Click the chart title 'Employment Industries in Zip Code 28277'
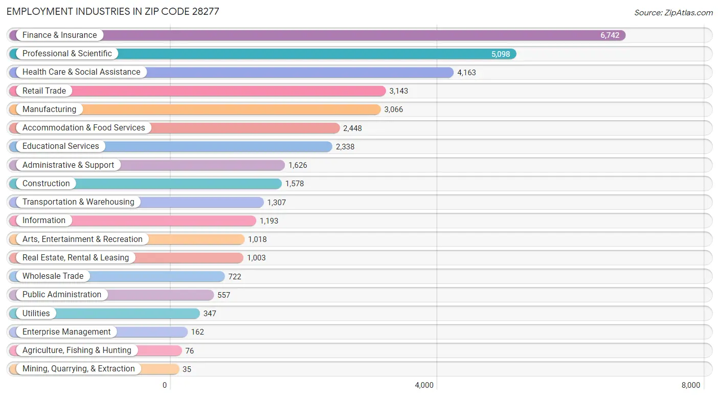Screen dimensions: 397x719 pyautogui.click(x=113, y=11)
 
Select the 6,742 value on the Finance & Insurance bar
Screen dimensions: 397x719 pyautogui.click(x=610, y=35)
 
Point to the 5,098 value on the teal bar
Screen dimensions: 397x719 pyautogui.click(x=501, y=54)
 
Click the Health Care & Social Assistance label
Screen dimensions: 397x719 pyautogui.click(x=81, y=72)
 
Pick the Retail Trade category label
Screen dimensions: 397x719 pyautogui.click(x=44, y=91)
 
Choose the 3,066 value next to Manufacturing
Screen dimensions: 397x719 pyautogui.click(x=393, y=109)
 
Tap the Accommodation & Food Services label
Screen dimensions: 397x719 pyautogui.click(x=83, y=128)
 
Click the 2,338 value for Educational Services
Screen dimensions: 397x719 pyautogui.click(x=345, y=147)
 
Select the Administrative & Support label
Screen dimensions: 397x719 pyautogui.click(x=68, y=165)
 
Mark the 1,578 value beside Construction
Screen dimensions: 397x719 pyautogui.click(x=295, y=184)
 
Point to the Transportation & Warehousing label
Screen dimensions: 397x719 pyautogui.click(x=78, y=202)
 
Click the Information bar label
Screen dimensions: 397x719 pyautogui.click(x=44, y=220)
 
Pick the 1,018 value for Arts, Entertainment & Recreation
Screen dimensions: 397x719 pyautogui.click(x=257, y=239)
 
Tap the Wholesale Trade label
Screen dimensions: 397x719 pyautogui.click(x=53, y=276)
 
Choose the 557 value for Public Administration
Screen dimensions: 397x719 pyautogui.click(x=223, y=295)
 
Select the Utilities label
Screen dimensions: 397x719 pyautogui.click(x=36, y=313)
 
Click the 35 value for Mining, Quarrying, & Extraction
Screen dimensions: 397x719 pyautogui.click(x=187, y=369)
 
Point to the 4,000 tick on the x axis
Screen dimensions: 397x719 pyautogui.click(x=424, y=385)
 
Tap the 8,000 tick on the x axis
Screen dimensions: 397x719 pyautogui.click(x=690, y=385)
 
